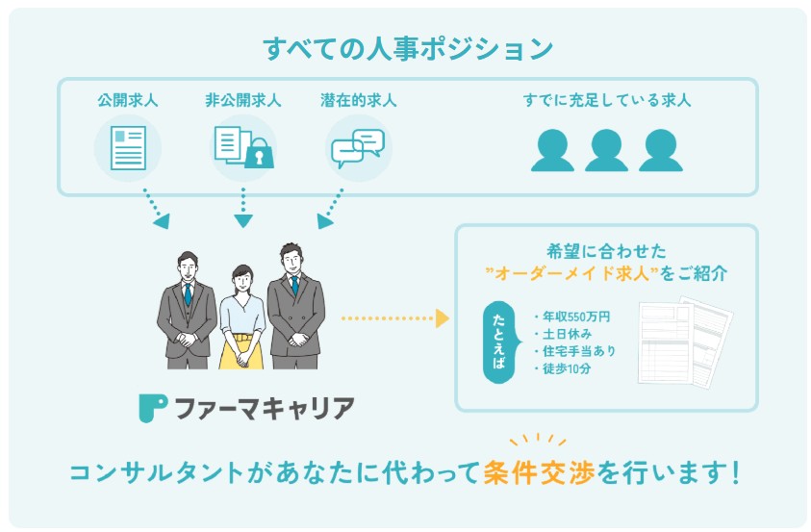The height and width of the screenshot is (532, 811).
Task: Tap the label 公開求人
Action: [127, 100]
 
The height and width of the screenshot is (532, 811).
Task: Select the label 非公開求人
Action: [242, 100]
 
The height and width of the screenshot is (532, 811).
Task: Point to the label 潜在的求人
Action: [358, 100]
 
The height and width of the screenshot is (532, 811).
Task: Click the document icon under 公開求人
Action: [127, 147]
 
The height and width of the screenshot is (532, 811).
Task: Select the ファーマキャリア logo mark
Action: [152, 408]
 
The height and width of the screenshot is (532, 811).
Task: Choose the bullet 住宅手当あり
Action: [574, 351]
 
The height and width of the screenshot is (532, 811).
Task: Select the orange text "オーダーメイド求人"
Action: [577, 273]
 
